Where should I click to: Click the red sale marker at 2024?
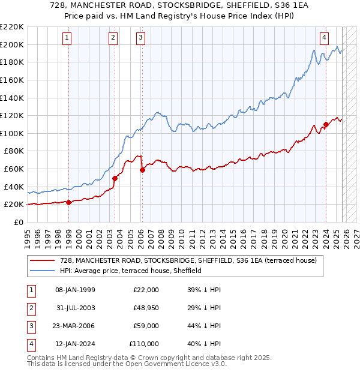click(326, 125)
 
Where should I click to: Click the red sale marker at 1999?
click(68, 202)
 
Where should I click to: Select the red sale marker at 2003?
click(115, 178)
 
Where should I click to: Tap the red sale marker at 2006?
click(142, 170)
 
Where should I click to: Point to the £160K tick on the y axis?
click(13, 80)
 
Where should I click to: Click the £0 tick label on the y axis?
click(19, 222)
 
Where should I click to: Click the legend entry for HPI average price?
click(130, 271)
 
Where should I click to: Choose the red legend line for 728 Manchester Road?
click(42, 261)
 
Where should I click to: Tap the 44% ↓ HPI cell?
click(204, 326)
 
